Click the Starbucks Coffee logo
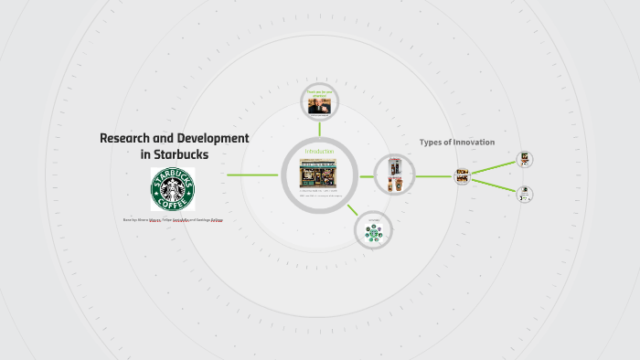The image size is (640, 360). point(173,190)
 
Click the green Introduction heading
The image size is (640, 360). point(319,151)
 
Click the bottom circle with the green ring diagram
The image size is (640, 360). point(373,233)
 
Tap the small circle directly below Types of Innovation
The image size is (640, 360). point(463,176)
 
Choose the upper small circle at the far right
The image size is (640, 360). point(525,159)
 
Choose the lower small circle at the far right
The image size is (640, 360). point(525,194)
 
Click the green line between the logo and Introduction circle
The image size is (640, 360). point(252,175)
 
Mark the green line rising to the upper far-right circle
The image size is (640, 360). point(494,167)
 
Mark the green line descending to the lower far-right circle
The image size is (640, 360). point(494,185)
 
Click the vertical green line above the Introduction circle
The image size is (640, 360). point(319,128)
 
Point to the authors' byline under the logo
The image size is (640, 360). point(173,220)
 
